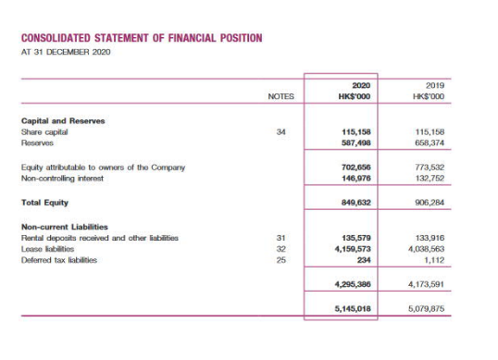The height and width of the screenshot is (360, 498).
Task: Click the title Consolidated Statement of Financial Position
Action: pos(141,38)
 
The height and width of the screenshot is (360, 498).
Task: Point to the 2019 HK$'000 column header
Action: pos(430,90)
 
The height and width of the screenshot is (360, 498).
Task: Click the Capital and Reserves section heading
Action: pos(62,121)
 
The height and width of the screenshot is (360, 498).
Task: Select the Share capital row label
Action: pos(44,132)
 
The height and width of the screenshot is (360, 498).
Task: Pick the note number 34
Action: pos(280,132)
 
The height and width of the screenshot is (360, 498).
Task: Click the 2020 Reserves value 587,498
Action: pos(356,143)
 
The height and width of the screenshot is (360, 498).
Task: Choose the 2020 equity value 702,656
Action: pos(356,168)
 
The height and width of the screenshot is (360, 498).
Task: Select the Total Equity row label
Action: pos(44,202)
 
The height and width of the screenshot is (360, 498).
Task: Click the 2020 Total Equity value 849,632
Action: pos(356,202)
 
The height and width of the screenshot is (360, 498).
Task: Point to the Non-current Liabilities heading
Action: pos(64,227)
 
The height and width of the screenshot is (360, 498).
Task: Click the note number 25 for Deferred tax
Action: pos(280,260)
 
